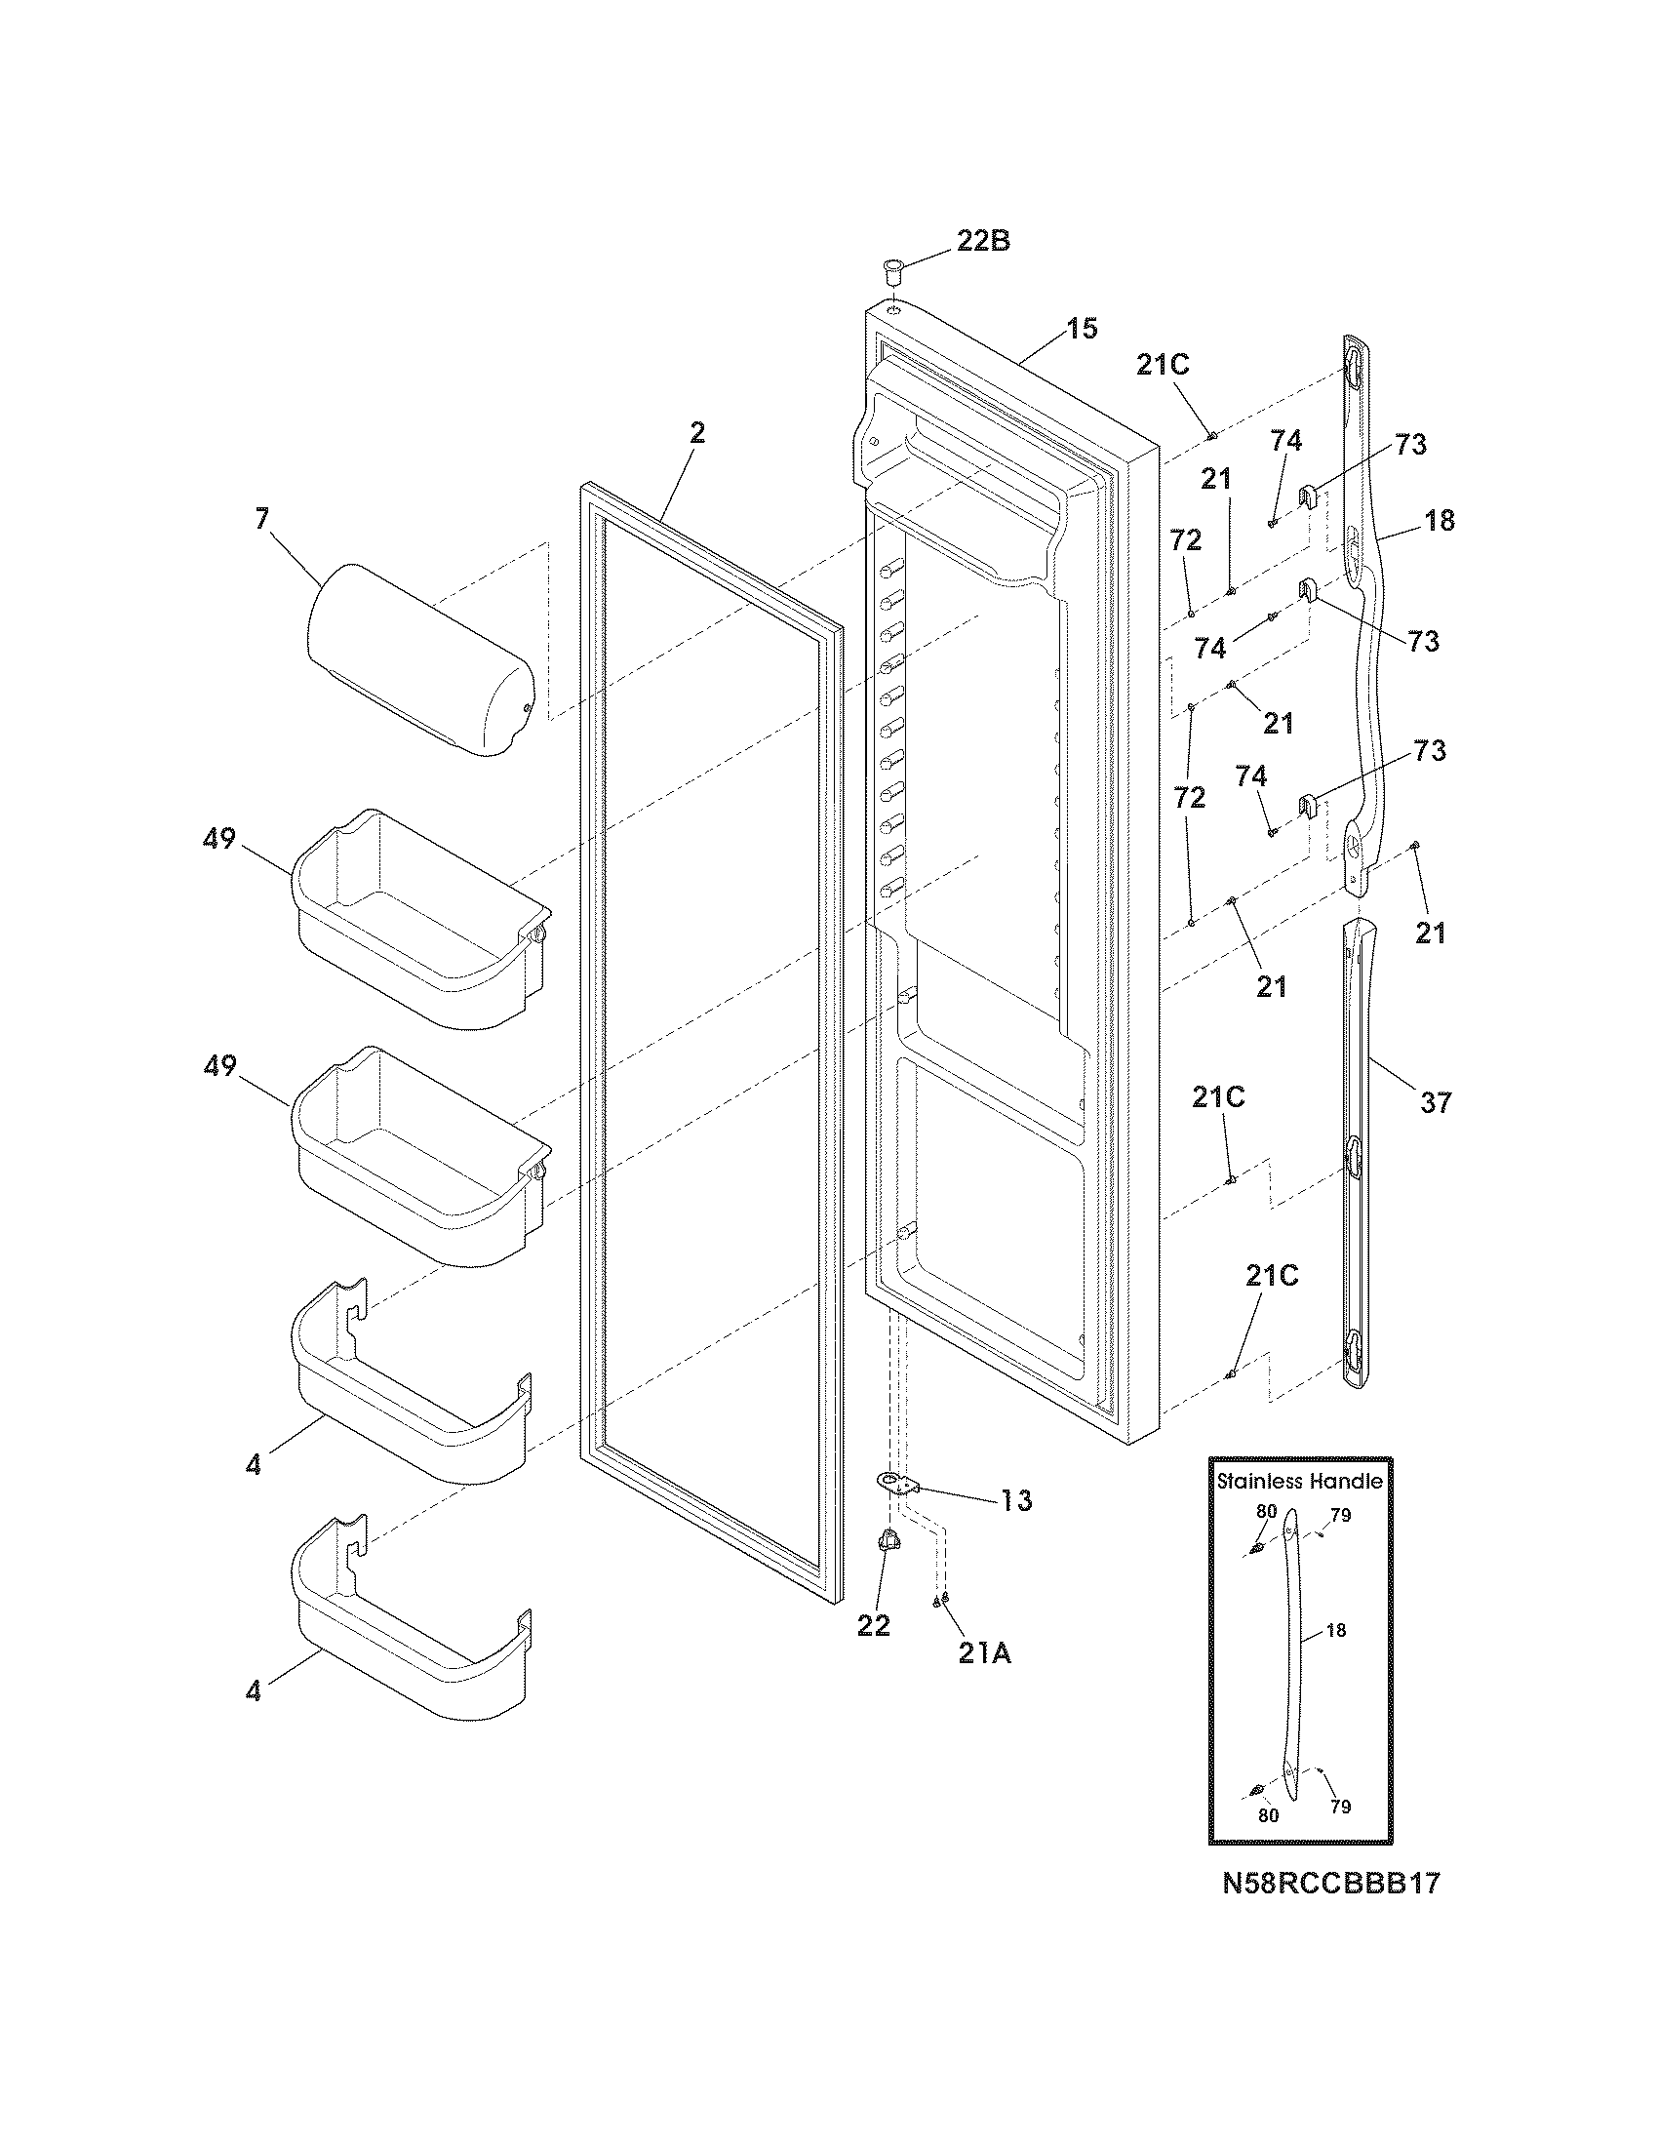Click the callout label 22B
pyautogui.click(x=982, y=241)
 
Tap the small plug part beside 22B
pyautogui.click(x=891, y=270)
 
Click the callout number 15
pyautogui.click(x=1082, y=329)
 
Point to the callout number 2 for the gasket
pyautogui.click(x=696, y=433)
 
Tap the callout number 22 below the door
pyautogui.click(x=873, y=1626)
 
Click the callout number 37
pyautogui.click(x=1435, y=1103)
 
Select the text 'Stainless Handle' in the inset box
pyautogui.click(x=1299, y=1482)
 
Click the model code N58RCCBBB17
pyautogui.click(x=1331, y=1883)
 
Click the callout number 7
pyautogui.click(x=261, y=519)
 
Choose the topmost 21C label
pyautogui.click(x=1163, y=366)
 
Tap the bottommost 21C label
pyautogui.click(x=1272, y=1277)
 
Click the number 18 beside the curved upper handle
pyautogui.click(x=1439, y=521)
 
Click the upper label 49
pyautogui.click(x=219, y=839)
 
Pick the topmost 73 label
pyautogui.click(x=1410, y=445)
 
